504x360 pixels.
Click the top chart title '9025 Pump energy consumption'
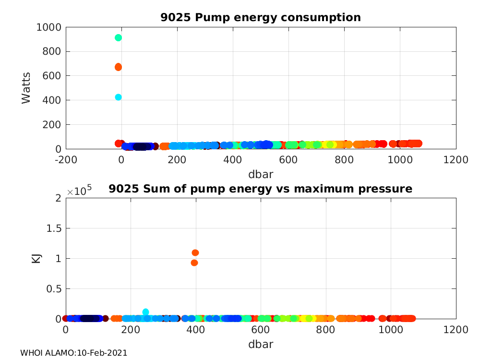[261, 18]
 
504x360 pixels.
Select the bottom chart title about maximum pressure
[261, 189]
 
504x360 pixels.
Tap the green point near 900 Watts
[118, 37]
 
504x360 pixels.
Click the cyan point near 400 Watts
[118, 97]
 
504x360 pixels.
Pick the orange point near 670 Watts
[118, 67]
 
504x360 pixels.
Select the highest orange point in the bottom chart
[195, 252]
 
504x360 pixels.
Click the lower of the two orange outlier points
[194, 263]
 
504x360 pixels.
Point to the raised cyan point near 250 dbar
[145, 312]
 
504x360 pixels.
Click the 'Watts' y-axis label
[26, 88]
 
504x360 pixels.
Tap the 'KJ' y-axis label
[36, 258]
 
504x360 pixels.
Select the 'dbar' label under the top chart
[261, 174]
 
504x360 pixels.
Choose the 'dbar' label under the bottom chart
[261, 344]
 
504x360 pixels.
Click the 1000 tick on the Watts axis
[48, 27]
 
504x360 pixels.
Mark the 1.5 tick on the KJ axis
[51, 228]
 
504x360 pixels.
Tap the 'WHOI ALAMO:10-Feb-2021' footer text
[73, 353]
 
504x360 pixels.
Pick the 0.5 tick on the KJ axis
[51, 288]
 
